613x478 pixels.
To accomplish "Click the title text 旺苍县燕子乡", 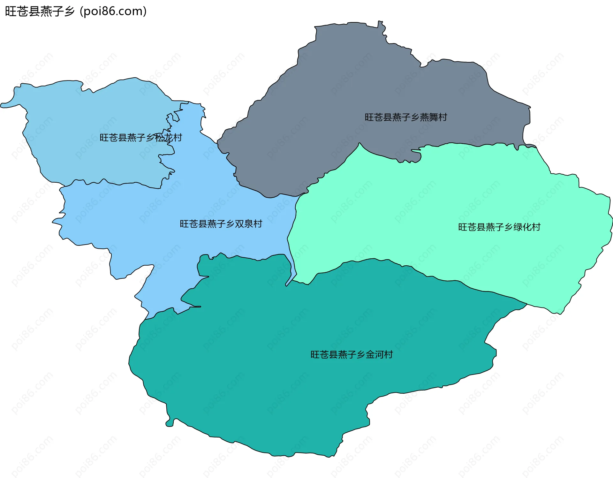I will point(40,11).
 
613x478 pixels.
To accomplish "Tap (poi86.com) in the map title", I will point(113,11).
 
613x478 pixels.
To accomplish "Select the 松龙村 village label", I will point(141,138).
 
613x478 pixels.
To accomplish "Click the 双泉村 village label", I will point(221,224).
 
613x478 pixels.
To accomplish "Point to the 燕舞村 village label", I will point(406,118).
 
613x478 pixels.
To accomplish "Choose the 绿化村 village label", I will point(499,227).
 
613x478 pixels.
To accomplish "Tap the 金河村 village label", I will point(352,354).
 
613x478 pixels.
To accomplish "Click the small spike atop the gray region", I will point(380,23).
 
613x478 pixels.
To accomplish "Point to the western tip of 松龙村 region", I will point(2,105).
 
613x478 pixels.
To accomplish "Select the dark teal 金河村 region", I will point(287,383).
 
